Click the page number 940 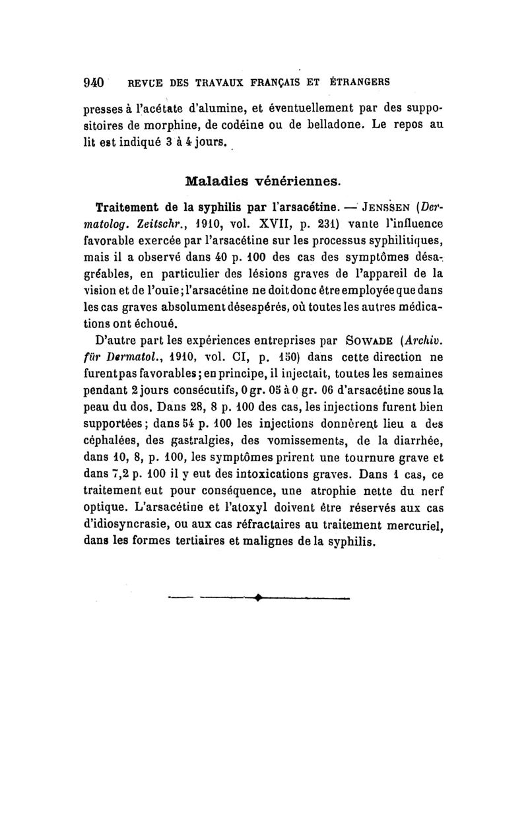tap(94, 83)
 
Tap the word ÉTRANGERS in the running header tap(359, 83)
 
